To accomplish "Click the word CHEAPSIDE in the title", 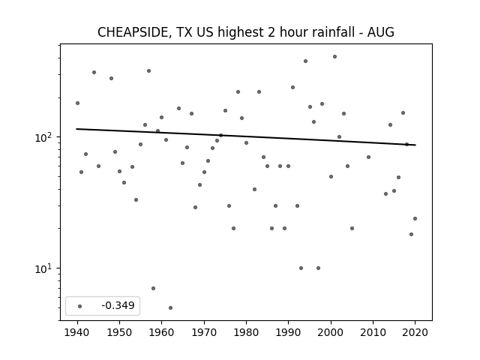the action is (x=133, y=32).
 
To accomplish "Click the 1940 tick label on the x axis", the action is (x=78, y=332).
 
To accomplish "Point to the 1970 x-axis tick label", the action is (x=204, y=332).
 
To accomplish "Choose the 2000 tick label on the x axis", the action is (x=331, y=332).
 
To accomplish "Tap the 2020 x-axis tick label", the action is (x=415, y=332).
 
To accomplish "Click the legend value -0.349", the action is (x=118, y=305).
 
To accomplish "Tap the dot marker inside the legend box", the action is (x=80, y=306).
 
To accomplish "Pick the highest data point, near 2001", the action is (x=335, y=57).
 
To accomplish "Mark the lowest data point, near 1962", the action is (x=170, y=307).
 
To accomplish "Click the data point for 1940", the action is (x=78, y=103).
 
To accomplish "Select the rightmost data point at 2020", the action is (x=415, y=218).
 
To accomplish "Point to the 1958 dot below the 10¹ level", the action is (x=153, y=288).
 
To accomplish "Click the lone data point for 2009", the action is (x=368, y=157).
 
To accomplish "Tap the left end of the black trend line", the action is (x=76, y=129).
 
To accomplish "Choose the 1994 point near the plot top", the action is (x=305, y=61).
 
